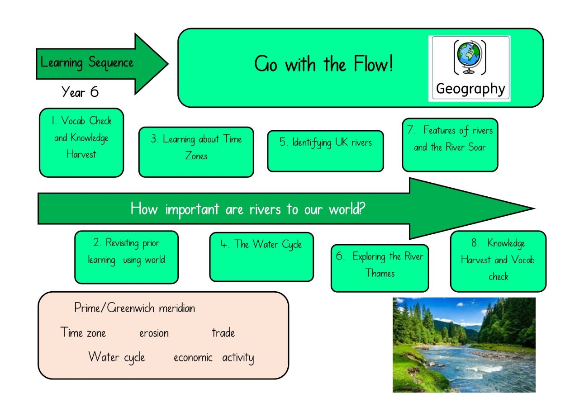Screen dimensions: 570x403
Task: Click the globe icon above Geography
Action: tap(470, 57)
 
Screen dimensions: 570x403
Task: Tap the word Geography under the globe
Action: tap(470, 89)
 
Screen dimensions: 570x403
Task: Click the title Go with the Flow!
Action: tap(323, 64)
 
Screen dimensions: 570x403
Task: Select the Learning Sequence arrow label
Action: tap(87, 62)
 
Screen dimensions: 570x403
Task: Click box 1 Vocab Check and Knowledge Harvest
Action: tap(81, 143)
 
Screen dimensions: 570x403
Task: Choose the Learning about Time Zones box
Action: tap(196, 152)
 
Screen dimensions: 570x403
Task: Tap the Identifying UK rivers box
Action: tap(325, 151)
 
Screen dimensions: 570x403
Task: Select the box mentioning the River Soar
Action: tap(450, 145)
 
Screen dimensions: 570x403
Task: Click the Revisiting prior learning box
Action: tap(127, 257)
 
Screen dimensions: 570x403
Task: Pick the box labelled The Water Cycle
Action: tap(261, 257)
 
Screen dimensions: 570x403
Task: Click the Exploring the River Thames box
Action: tap(380, 268)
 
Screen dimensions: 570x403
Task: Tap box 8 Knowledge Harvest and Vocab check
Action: tap(498, 261)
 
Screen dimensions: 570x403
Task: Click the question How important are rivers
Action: tap(248, 209)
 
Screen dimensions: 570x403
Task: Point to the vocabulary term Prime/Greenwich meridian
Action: tap(135, 308)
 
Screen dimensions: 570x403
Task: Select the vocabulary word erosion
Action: tap(154, 333)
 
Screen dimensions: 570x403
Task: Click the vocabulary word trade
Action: tap(223, 332)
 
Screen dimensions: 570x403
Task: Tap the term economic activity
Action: tap(214, 358)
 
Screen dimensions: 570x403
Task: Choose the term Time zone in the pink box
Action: tap(83, 332)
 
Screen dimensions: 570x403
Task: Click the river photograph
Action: tap(464, 345)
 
